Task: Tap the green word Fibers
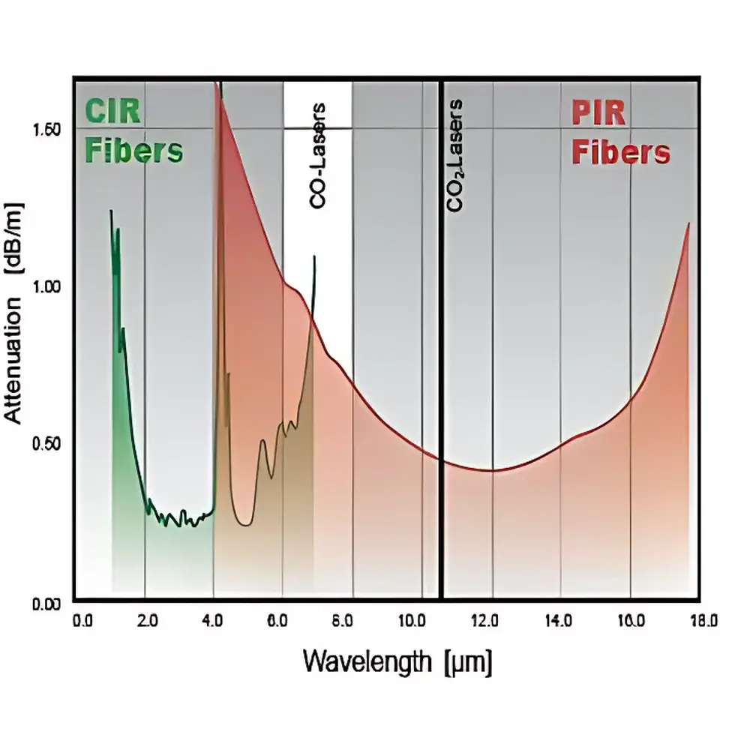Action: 134,151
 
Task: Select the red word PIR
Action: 599,115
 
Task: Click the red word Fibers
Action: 620,152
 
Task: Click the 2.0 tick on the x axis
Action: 148,621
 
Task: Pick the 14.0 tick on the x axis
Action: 560,621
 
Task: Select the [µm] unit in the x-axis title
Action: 467,663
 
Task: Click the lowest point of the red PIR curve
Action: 491,470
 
